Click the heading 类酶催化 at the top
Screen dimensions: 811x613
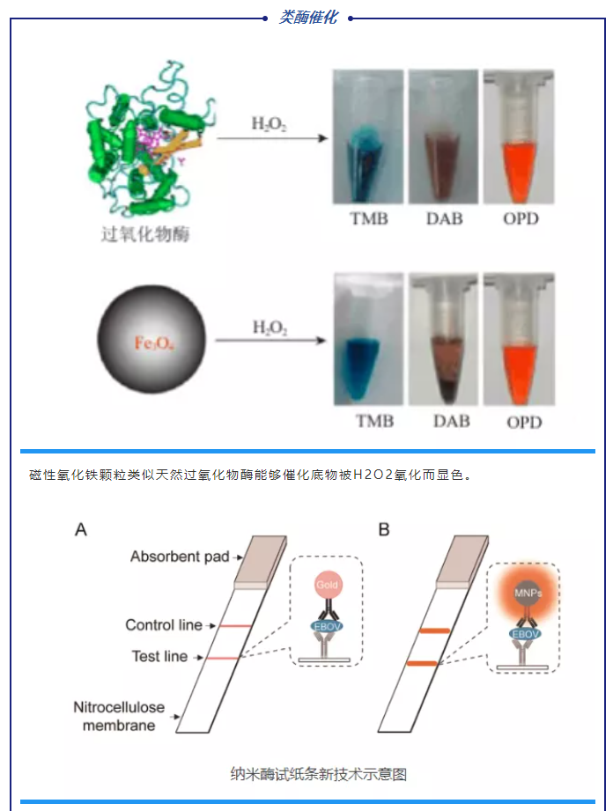tap(307, 17)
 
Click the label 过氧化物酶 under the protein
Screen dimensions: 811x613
tap(145, 234)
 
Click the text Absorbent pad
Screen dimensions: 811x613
tap(180, 557)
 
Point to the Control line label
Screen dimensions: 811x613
tap(164, 625)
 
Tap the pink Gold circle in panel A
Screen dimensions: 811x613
tap(327, 586)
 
